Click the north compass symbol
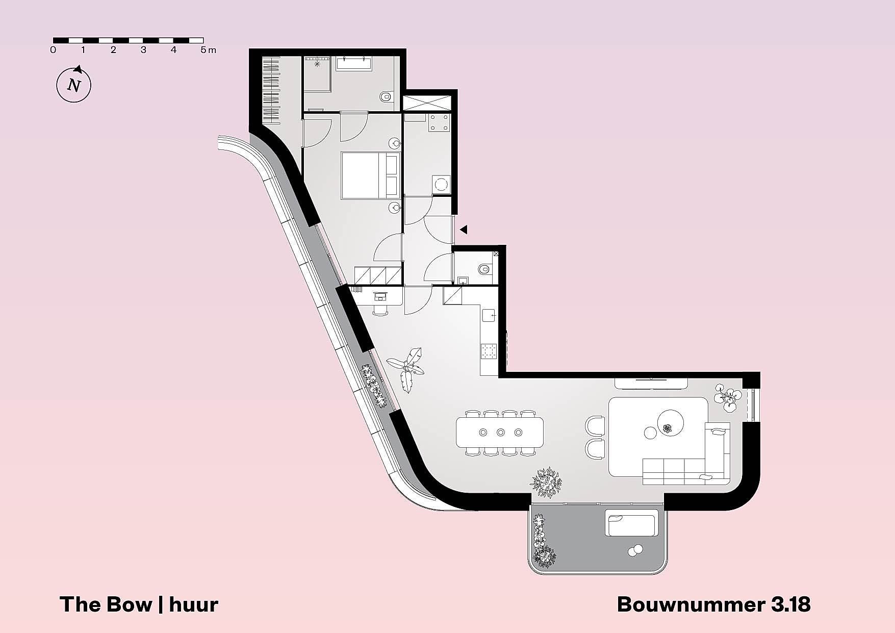pyautogui.click(x=74, y=84)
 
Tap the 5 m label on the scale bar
pyautogui.click(x=208, y=50)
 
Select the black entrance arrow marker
pyautogui.click(x=463, y=230)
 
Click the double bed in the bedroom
pyautogui.click(x=370, y=175)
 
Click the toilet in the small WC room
pyautogui.click(x=485, y=269)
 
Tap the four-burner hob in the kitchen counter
pyautogui.click(x=489, y=350)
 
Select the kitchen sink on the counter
pyautogui.click(x=489, y=315)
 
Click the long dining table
pyautogui.click(x=500, y=433)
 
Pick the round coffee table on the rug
pyautogui.click(x=670, y=422)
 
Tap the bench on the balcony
pyautogui.click(x=631, y=523)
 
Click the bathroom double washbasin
pyautogui.click(x=353, y=63)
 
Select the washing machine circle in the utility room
pyautogui.click(x=441, y=184)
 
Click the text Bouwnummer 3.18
pyautogui.click(x=713, y=604)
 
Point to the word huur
pyautogui.click(x=193, y=604)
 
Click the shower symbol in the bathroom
pyautogui.click(x=317, y=64)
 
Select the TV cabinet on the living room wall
pyautogui.click(x=651, y=383)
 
